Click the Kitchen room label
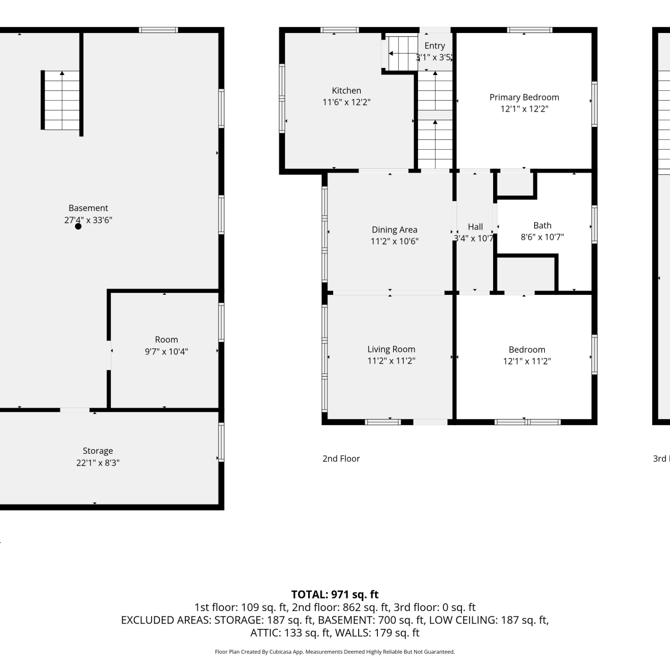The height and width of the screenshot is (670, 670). tap(347, 91)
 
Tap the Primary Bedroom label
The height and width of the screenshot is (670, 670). tap(524, 97)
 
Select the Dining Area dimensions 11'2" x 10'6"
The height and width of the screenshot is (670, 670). tap(394, 241)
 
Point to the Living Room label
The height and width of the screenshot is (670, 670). tap(391, 349)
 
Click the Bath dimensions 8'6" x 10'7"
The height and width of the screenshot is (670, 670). tap(542, 237)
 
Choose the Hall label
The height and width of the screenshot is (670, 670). tap(475, 227)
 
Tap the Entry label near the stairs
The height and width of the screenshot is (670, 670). tap(435, 46)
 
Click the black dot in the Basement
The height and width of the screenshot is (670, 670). tap(78, 226)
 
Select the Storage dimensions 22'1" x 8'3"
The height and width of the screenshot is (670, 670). tap(98, 463)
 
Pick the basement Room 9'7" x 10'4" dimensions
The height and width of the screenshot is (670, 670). tap(166, 352)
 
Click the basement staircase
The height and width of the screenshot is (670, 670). tap(61, 100)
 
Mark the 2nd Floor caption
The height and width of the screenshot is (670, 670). tap(341, 459)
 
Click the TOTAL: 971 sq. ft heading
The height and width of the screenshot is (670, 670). tap(335, 595)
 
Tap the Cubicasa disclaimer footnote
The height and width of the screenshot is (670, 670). tap(335, 652)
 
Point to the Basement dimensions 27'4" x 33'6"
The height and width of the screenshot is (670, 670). tap(88, 220)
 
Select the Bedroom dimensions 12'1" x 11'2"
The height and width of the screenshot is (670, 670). tap(527, 361)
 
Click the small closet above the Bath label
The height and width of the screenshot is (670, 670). tap(516, 184)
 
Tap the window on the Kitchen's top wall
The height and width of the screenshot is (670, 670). tap(339, 30)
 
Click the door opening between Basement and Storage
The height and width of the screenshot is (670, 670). tap(75, 410)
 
